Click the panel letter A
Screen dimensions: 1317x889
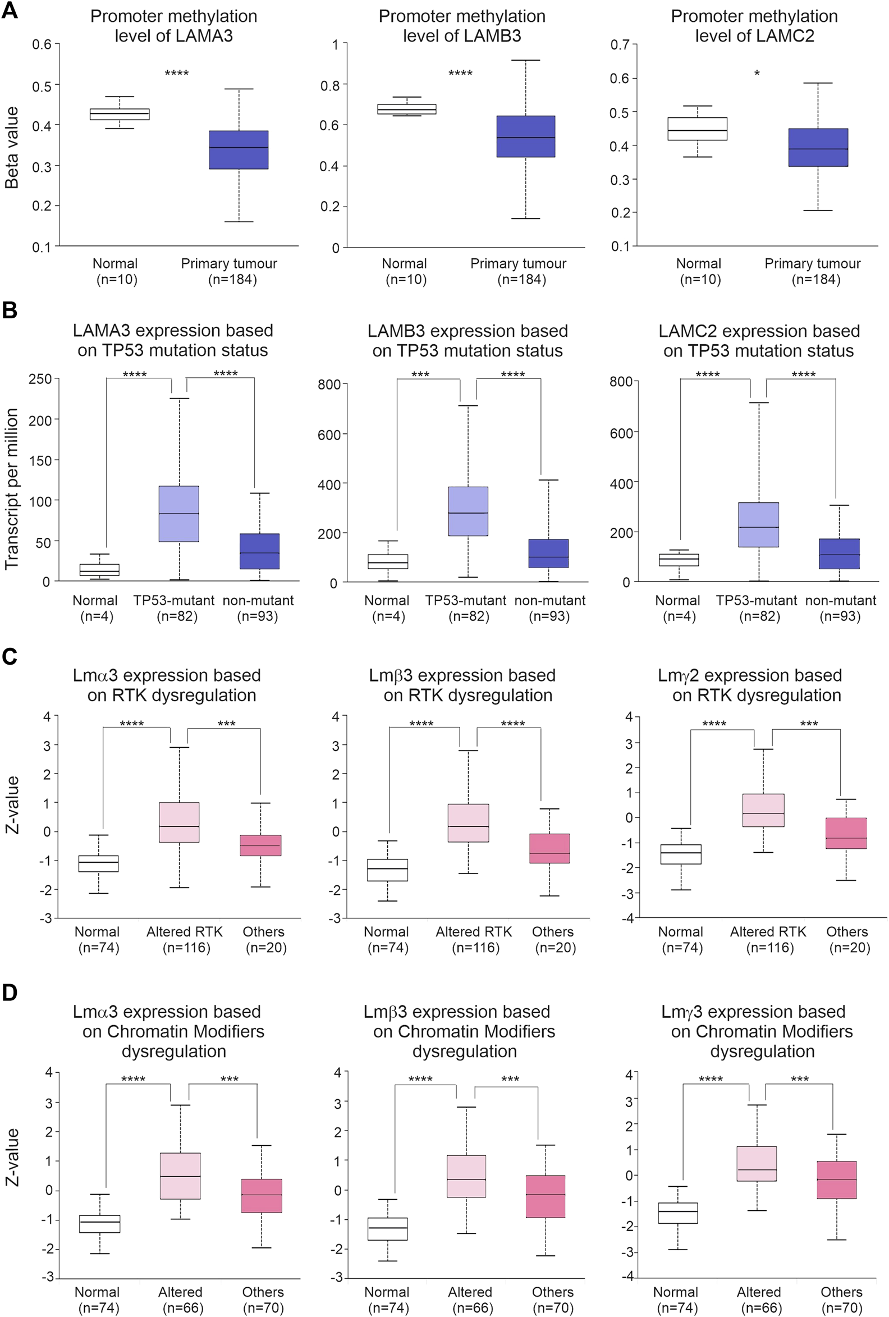pos(10,11)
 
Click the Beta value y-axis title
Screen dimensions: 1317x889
pos(12,147)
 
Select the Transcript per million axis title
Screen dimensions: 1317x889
pos(12,488)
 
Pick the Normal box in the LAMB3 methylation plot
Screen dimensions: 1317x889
pos(407,109)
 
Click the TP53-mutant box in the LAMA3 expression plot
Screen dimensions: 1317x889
pos(179,514)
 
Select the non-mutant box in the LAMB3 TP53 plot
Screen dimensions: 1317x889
pos(548,553)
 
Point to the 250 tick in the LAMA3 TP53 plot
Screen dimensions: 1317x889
pos(40,378)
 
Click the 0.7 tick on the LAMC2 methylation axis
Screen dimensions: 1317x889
pos(620,44)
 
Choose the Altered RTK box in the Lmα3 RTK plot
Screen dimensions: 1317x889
pos(179,822)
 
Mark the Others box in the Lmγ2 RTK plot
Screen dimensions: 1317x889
pos(846,833)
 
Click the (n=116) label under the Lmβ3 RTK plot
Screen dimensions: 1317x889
pos(475,948)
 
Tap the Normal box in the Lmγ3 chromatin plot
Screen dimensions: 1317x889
pos(677,1213)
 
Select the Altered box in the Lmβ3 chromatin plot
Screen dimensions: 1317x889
pos(466,1176)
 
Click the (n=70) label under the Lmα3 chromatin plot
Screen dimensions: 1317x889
pos(263,1308)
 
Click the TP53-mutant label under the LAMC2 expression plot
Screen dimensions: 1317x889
pos(757,601)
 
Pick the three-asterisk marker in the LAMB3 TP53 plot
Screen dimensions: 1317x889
pos(420,374)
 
